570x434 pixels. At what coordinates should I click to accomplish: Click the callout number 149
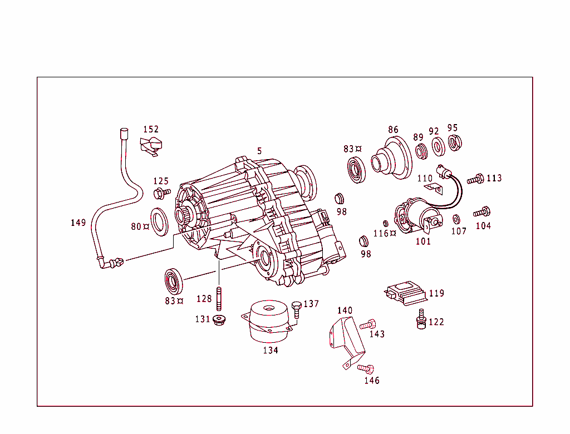(x=78, y=223)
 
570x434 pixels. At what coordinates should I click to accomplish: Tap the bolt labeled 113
(x=476, y=179)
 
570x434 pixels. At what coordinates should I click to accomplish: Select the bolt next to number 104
(x=481, y=212)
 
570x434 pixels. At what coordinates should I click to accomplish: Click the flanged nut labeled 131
(x=219, y=320)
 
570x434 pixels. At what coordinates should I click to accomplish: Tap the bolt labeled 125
(x=161, y=194)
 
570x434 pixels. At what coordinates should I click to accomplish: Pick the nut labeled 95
(x=454, y=143)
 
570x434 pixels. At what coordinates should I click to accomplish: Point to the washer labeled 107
(x=456, y=219)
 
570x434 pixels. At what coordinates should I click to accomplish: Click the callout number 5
(x=259, y=150)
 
